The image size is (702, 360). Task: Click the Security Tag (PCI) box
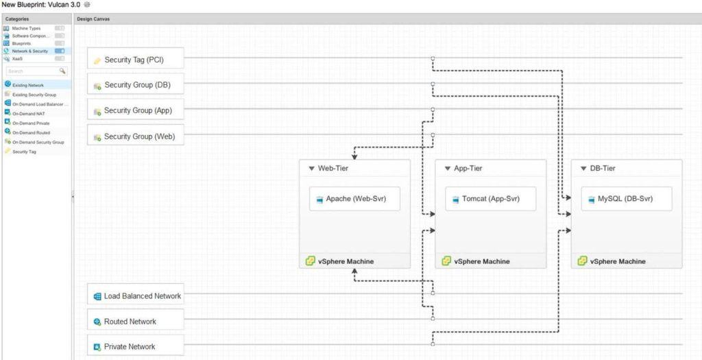click(136, 60)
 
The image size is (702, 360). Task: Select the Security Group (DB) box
click(136, 85)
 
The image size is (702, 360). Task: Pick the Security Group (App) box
click(136, 110)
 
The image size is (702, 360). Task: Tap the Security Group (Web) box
click(136, 136)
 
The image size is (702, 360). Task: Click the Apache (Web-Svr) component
click(354, 199)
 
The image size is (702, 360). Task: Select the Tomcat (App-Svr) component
click(490, 199)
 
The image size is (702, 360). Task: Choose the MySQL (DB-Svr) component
click(626, 199)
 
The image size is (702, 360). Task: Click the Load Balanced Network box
click(136, 296)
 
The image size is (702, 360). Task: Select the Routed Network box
click(136, 322)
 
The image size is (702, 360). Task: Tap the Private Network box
click(136, 347)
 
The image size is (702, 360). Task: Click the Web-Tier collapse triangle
click(311, 168)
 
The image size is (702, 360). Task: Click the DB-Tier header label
click(603, 168)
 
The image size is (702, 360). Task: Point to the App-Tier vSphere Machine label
click(482, 261)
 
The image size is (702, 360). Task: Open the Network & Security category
click(29, 51)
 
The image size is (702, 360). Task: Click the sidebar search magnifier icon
click(62, 71)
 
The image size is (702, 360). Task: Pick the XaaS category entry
click(17, 58)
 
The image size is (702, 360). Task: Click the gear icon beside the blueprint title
click(87, 5)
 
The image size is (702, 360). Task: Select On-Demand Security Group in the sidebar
click(38, 142)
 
